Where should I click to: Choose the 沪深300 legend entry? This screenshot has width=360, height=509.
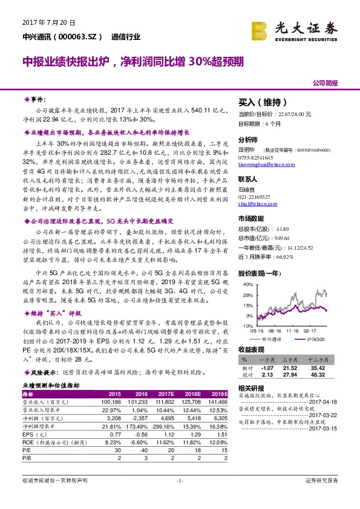[x=315, y=340]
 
